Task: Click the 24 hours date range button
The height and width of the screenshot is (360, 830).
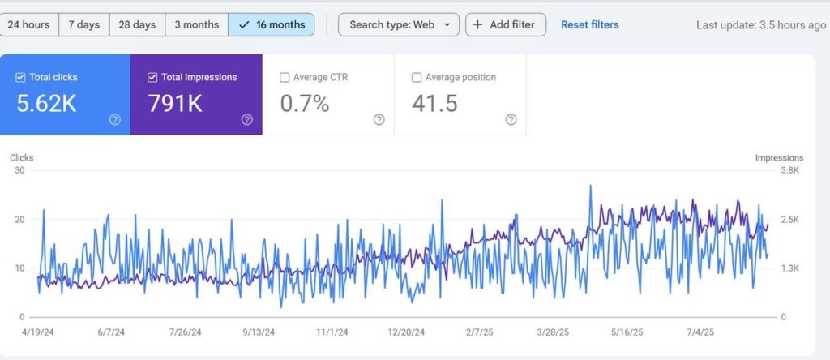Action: click(29, 24)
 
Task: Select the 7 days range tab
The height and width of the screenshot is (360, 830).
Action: click(83, 24)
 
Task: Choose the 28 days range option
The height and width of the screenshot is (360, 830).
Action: click(136, 24)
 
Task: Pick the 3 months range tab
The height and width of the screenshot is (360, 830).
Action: click(196, 24)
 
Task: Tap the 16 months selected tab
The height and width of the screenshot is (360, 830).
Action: click(272, 24)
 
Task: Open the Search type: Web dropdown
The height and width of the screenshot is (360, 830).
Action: click(398, 24)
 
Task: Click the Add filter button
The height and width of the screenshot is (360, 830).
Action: click(506, 24)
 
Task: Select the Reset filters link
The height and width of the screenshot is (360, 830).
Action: click(589, 24)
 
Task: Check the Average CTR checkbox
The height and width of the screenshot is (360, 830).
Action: click(285, 78)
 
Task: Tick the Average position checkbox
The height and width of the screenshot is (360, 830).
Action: click(417, 78)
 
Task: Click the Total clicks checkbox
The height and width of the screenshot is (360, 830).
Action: click(20, 78)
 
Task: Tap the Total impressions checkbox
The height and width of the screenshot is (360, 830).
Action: click(152, 78)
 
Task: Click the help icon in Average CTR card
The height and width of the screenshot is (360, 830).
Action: click(379, 119)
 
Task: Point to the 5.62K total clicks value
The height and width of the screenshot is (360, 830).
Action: click(46, 103)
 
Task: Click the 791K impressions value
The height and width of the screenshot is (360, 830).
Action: click(174, 103)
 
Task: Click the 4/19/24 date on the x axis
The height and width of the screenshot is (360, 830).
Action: click(37, 332)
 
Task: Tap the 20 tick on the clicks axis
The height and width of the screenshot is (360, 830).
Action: click(19, 219)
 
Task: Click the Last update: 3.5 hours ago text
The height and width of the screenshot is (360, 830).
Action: click(761, 25)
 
